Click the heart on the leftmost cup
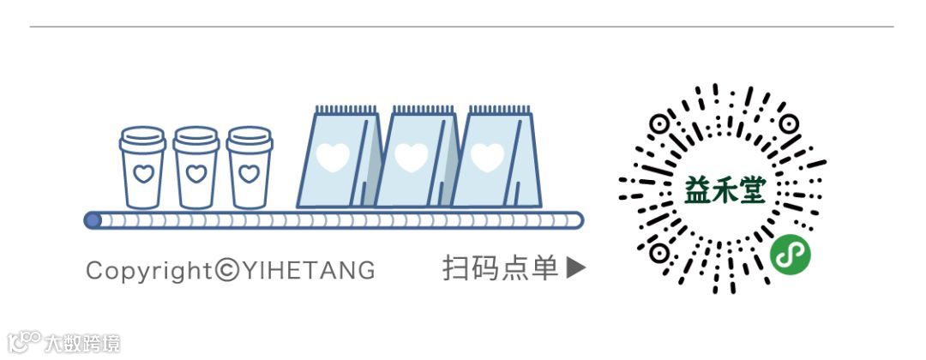click(x=143, y=174)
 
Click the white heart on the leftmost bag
click(x=333, y=157)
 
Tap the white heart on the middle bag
click(x=412, y=157)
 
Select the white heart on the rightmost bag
click(x=488, y=157)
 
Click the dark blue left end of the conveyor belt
click(x=93, y=220)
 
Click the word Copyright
click(x=148, y=271)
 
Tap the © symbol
click(x=227, y=271)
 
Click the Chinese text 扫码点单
click(x=501, y=268)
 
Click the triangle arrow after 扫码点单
click(x=576, y=268)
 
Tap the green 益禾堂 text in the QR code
click(x=725, y=191)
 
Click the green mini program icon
click(x=790, y=254)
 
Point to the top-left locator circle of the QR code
click(x=658, y=124)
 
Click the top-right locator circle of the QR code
click(x=789, y=124)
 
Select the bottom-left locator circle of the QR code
click(x=658, y=255)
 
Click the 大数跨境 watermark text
click(x=82, y=344)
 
